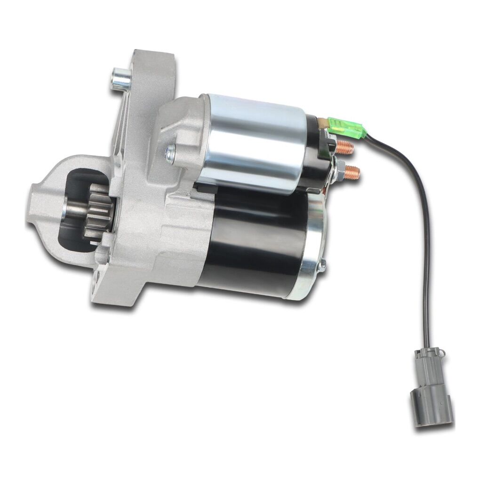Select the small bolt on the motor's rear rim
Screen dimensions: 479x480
point(322,266)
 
